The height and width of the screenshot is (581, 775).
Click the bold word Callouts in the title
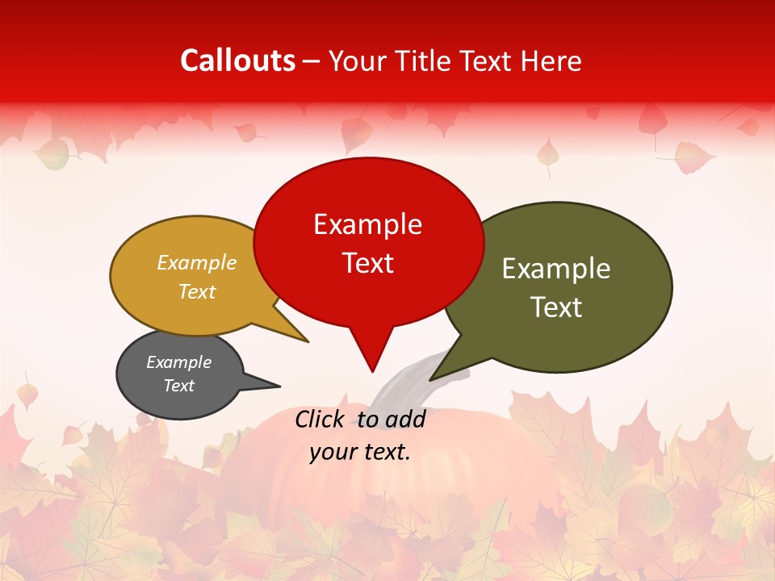click(x=237, y=61)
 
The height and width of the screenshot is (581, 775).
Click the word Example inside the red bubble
click(x=367, y=224)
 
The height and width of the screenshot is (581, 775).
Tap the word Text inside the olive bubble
click(x=556, y=307)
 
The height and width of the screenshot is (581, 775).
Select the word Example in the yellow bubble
click(x=197, y=263)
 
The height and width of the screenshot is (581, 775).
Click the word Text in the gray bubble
click(x=179, y=386)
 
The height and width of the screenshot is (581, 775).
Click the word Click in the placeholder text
click(x=321, y=419)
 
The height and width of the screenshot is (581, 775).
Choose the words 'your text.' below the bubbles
click(x=360, y=452)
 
